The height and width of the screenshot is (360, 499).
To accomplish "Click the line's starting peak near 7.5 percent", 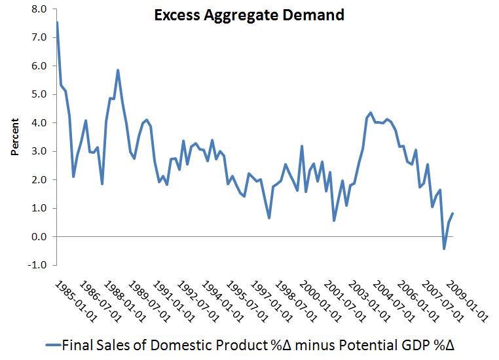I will [x=57, y=23].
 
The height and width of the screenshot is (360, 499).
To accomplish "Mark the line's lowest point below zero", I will [x=444, y=249].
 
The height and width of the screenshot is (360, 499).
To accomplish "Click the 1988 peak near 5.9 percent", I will [x=118, y=70].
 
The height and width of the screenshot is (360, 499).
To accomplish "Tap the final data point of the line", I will [x=453, y=213].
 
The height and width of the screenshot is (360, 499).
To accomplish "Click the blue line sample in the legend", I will [x=53, y=344].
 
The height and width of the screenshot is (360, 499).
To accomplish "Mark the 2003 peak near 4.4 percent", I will [x=371, y=113].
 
